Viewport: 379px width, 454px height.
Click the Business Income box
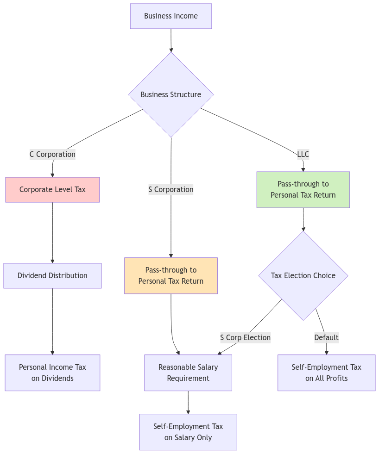pyautogui.click(x=171, y=16)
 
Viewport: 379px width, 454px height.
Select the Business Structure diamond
pyautogui.click(x=171, y=94)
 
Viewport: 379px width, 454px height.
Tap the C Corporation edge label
pyautogui.click(x=52, y=154)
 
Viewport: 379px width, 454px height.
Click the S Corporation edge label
pyautogui.click(x=171, y=189)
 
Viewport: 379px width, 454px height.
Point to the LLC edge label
pyautogui.click(x=303, y=154)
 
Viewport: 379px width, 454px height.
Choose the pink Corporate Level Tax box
pyautogui.click(x=52, y=189)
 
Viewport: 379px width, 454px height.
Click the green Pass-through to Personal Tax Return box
pyautogui.click(x=303, y=189)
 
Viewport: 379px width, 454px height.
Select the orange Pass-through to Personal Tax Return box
pyautogui.click(x=171, y=275)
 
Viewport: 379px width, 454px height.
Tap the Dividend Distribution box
pyautogui.click(x=52, y=275)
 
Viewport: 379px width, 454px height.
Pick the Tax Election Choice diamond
pyautogui.click(x=303, y=275)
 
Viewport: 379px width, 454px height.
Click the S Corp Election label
pyautogui.click(x=245, y=337)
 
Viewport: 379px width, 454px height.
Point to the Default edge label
pyautogui.click(x=327, y=337)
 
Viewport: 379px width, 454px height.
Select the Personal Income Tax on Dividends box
pyautogui.click(x=52, y=373)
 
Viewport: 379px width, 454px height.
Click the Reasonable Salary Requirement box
pyautogui.click(x=188, y=373)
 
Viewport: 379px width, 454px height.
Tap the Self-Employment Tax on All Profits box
pyautogui.click(x=327, y=373)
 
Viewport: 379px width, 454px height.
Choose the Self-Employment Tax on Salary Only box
pyautogui.click(x=188, y=432)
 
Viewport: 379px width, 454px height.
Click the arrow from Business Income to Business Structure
pyautogui.click(x=171, y=40)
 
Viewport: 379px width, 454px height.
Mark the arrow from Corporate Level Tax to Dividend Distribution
pyautogui.click(x=52, y=232)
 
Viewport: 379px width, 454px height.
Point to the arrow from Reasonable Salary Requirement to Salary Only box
pyautogui.click(x=188, y=402)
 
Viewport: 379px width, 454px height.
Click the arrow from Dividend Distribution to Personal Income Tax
pyautogui.click(x=52, y=321)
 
